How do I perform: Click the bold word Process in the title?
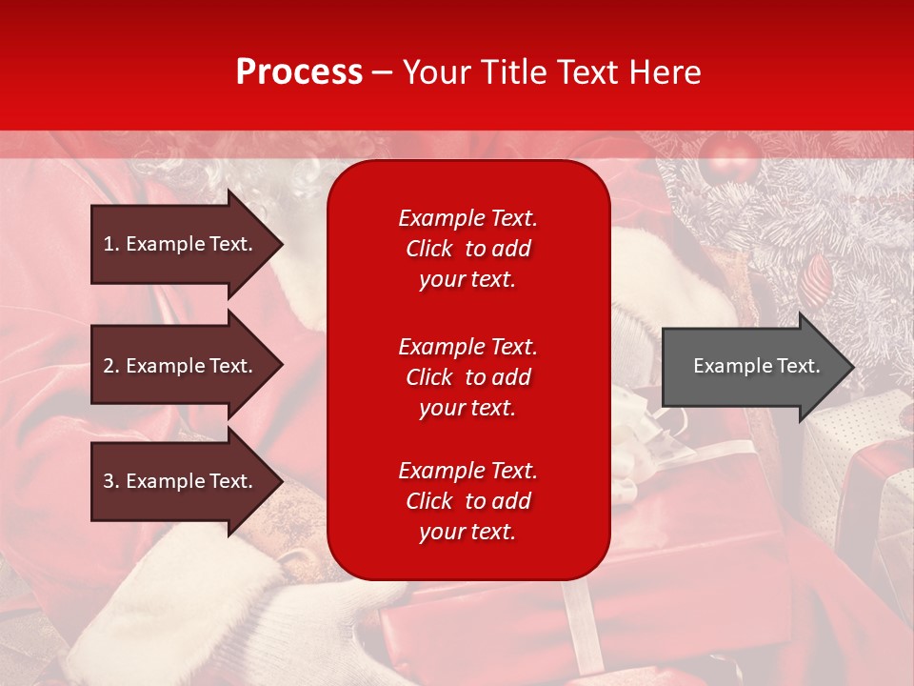click(x=299, y=72)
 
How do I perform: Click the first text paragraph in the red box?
click(x=467, y=249)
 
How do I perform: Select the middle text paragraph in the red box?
click(x=467, y=377)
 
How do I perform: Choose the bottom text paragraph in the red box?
click(x=467, y=501)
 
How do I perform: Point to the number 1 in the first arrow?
click(x=109, y=244)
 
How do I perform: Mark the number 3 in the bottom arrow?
click(x=109, y=481)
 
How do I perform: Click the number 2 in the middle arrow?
click(x=109, y=366)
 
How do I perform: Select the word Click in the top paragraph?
click(x=429, y=249)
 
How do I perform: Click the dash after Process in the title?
click(x=382, y=72)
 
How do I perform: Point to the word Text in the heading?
click(x=585, y=72)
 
